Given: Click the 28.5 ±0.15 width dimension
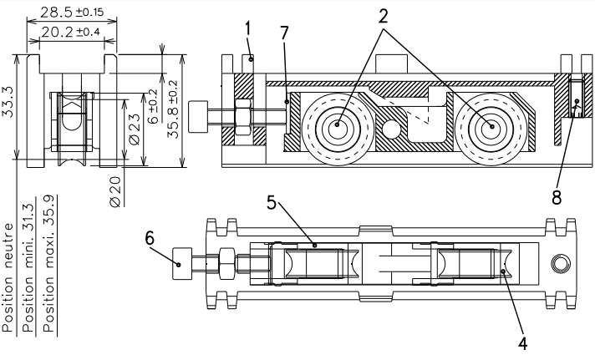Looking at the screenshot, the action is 72,13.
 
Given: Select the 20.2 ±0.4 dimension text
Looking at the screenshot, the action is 70,32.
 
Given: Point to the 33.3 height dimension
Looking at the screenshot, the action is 8,102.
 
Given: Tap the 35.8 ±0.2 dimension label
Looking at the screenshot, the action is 173,109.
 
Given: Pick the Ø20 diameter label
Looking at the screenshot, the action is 115,192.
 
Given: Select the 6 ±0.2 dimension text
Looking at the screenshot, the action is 153,107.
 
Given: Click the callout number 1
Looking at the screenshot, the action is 248,28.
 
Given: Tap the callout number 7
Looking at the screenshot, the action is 285,33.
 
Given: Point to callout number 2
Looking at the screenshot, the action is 384,16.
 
